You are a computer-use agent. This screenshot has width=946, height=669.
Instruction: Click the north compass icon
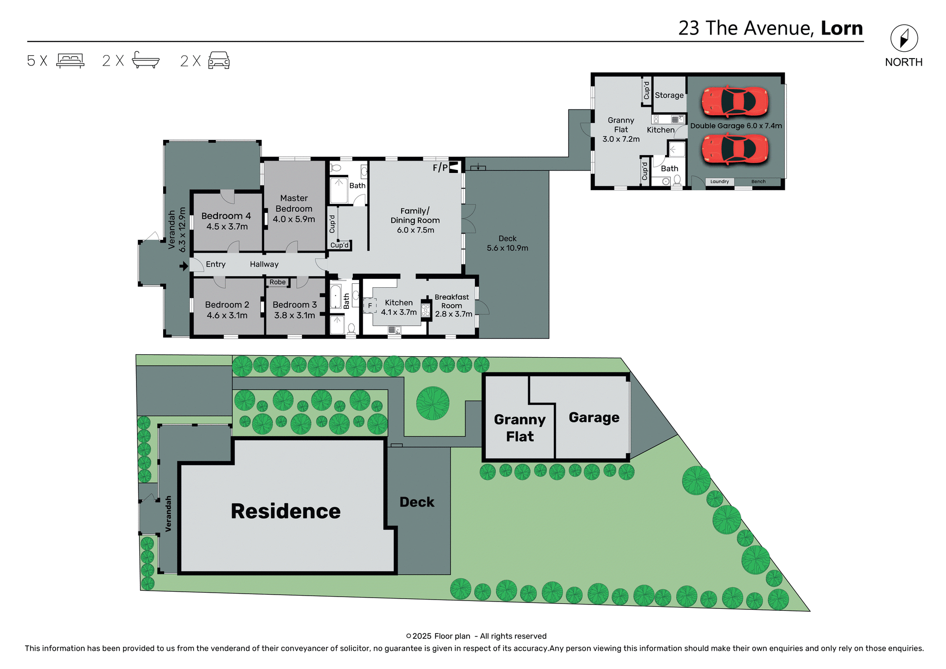pyautogui.click(x=904, y=38)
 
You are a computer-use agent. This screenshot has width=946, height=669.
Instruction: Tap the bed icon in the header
pyautogui.click(x=70, y=61)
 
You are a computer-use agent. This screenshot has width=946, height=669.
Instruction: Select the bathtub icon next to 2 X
pyautogui.click(x=146, y=60)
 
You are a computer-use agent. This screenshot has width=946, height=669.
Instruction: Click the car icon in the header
pyautogui.click(x=219, y=60)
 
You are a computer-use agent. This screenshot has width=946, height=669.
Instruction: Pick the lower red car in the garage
pyautogui.click(x=735, y=149)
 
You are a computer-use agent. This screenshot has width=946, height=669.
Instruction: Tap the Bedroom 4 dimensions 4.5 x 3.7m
pyautogui.click(x=227, y=227)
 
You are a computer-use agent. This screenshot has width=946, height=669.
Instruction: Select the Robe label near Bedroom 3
pyautogui.click(x=277, y=282)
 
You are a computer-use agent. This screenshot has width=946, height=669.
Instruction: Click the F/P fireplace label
pyautogui.click(x=440, y=168)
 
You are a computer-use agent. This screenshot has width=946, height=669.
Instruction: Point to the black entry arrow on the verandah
pyautogui.click(x=184, y=266)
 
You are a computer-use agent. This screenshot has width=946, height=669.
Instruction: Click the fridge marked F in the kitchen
pyautogui.click(x=370, y=306)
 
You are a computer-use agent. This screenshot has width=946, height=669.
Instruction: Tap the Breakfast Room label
pyautogui.click(x=452, y=301)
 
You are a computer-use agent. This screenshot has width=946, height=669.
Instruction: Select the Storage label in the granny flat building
pyautogui.click(x=669, y=95)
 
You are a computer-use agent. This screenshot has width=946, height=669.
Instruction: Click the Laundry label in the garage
pyautogui.click(x=719, y=182)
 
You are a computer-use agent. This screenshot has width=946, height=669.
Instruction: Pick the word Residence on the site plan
pyautogui.click(x=285, y=511)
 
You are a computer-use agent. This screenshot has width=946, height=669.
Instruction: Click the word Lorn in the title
pyautogui.click(x=842, y=29)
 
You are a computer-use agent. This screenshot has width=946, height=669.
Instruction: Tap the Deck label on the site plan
pyautogui.click(x=417, y=502)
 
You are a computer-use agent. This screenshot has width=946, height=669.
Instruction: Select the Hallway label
pyautogui.click(x=264, y=264)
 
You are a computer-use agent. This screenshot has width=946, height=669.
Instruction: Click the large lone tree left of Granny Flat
pyautogui.click(x=433, y=403)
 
